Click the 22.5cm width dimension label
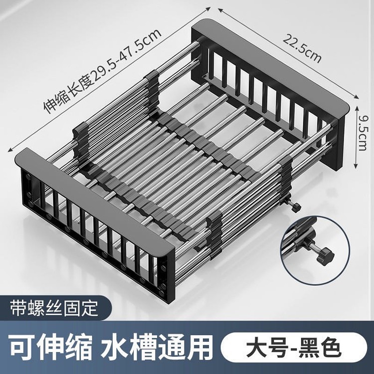click(x=302, y=49)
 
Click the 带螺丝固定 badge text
click(x=54, y=308)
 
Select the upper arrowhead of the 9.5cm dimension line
click(x=357, y=108)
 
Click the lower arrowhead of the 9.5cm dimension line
click(x=356, y=166)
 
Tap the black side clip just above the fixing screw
click(x=286, y=176)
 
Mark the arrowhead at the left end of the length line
click(x=11, y=149)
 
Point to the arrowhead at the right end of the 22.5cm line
click(x=356, y=97)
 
